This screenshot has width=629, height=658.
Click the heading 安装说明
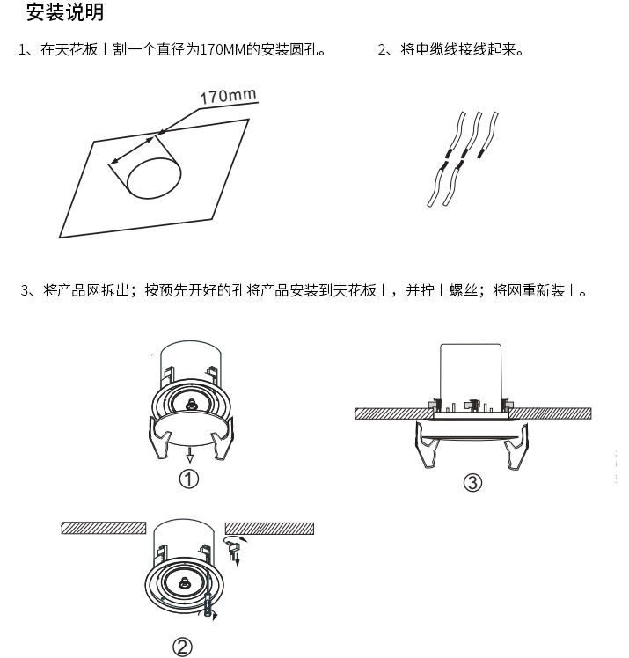(64, 11)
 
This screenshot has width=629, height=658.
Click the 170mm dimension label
(228, 96)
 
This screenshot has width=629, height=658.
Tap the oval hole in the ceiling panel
(154, 178)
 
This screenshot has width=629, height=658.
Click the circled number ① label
(189, 479)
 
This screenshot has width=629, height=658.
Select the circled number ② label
(182, 647)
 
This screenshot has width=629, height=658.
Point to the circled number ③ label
(472, 482)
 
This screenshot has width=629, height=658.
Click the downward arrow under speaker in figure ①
(190, 454)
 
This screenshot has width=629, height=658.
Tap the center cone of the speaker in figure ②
(183, 582)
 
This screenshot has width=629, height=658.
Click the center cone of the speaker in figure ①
(191, 405)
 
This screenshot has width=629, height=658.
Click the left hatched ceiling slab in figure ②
(104, 528)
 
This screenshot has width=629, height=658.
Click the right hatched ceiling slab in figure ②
(269, 529)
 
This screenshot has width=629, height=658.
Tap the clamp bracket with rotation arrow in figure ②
(234, 549)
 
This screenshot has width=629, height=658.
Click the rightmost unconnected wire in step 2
(489, 135)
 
